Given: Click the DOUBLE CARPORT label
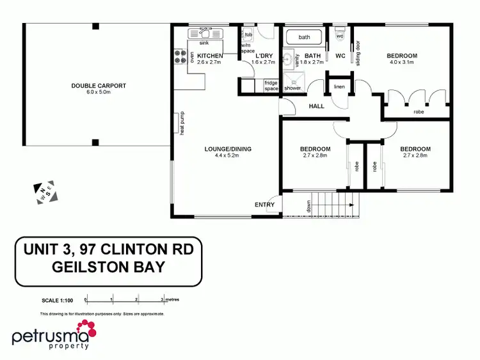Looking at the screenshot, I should coord(99,85).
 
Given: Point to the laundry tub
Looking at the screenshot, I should coord(248,35).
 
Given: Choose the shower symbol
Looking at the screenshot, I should coord(294,82).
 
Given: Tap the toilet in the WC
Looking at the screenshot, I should coord(340,35).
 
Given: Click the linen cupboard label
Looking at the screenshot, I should coord(339,86).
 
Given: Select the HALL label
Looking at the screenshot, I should coord(316,106).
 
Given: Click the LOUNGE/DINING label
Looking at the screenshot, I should coord(228,149).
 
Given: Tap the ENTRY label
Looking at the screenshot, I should coord(264,205).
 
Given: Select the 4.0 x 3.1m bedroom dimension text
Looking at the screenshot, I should coord(401,63).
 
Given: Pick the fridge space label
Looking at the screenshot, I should coord(271,85).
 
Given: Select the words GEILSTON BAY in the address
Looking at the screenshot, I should coord(108,266).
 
